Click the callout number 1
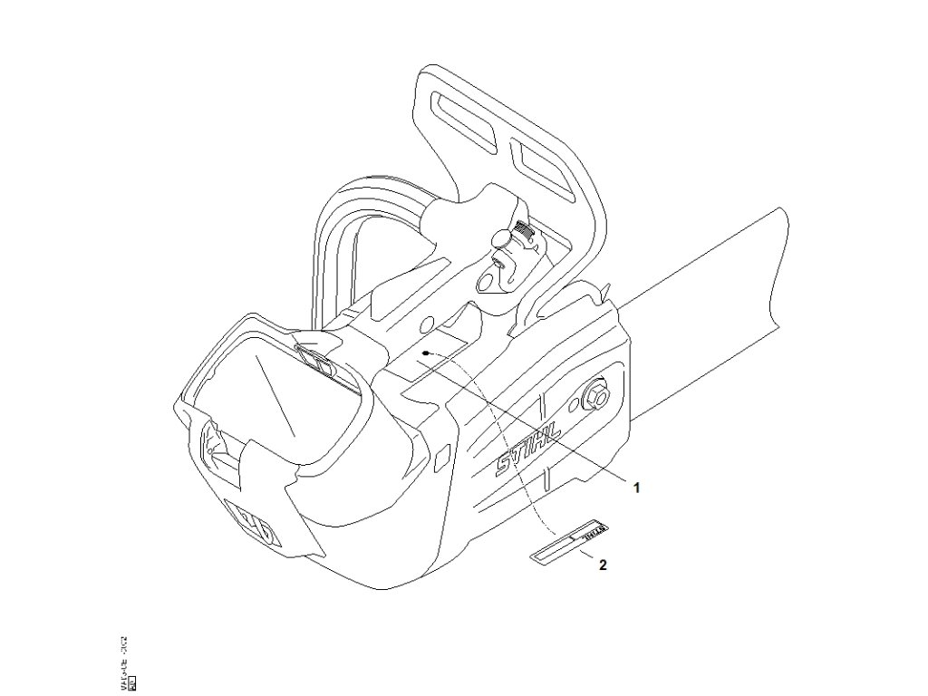tap(636, 487)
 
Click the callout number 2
tap(603, 565)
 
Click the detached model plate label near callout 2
tap(570, 540)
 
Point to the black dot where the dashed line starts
tap(424, 354)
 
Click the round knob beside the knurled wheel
tap(500, 237)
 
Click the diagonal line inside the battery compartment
tap(271, 394)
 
